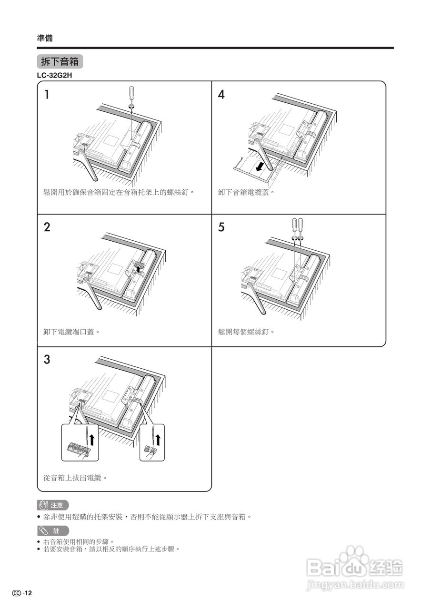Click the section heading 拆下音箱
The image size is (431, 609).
point(60,62)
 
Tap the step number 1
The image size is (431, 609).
point(47,94)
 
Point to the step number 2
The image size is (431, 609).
point(47,227)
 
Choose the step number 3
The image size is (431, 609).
point(47,359)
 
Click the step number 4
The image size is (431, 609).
point(221,94)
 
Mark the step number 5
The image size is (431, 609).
point(221,227)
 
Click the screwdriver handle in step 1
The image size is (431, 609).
point(132,94)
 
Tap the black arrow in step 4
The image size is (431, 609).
point(260,167)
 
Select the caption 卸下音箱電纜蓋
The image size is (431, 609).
point(247,192)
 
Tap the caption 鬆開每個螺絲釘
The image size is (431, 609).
point(247,331)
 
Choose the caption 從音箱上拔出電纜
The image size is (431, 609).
point(75,477)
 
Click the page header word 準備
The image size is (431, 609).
point(45,38)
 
